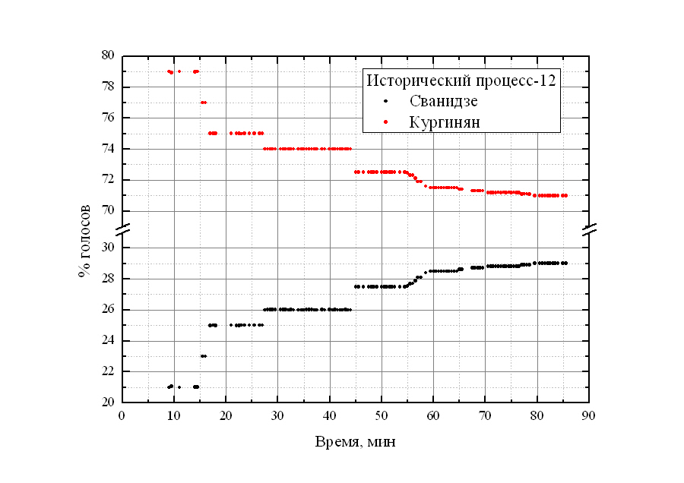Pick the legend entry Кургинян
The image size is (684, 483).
(x=445, y=122)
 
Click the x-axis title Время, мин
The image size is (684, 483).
(x=355, y=441)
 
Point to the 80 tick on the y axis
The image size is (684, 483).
(x=108, y=55)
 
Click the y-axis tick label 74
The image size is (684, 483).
(x=108, y=149)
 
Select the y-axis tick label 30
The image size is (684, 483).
(x=108, y=248)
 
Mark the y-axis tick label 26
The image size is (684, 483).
(x=108, y=310)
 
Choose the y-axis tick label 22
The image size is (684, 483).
(x=108, y=371)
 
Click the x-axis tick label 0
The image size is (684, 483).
(x=122, y=415)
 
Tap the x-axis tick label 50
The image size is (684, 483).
(x=382, y=415)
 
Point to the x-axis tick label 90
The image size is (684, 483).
(x=589, y=415)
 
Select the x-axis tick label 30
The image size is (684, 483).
(x=278, y=415)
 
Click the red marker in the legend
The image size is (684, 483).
(x=386, y=122)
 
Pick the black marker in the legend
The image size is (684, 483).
(x=386, y=101)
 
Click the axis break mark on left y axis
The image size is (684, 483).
(x=122, y=229)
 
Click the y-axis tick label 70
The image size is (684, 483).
(x=108, y=210)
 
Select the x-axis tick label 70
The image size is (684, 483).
(x=486, y=415)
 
